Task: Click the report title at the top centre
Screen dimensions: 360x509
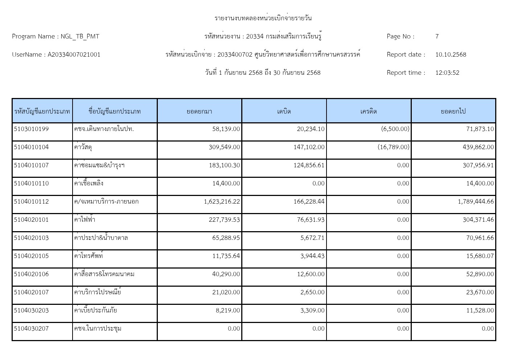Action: click(x=263, y=18)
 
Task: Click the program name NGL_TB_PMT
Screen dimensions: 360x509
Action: click(x=79, y=36)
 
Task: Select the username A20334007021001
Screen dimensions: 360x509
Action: click(x=74, y=54)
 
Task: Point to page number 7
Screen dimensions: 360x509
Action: click(x=437, y=36)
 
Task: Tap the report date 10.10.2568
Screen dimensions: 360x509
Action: click(x=451, y=54)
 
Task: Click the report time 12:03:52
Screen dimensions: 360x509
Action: click(x=447, y=73)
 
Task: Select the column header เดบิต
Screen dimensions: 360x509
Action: click(x=284, y=111)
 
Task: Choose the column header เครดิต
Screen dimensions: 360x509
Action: click(x=369, y=111)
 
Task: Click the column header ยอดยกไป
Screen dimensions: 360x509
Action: click(x=453, y=111)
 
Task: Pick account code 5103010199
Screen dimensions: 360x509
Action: click(x=31, y=129)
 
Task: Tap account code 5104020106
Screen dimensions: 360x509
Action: click(x=31, y=274)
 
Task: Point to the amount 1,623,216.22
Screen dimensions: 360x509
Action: click(x=222, y=201)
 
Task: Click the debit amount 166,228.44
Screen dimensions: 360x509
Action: click(x=309, y=201)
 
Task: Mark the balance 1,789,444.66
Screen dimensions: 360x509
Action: click(x=476, y=201)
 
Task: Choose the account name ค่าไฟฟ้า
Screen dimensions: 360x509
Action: click(x=85, y=220)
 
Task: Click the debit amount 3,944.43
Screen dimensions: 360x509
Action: click(x=312, y=256)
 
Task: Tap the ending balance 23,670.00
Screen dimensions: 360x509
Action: click(x=480, y=292)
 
